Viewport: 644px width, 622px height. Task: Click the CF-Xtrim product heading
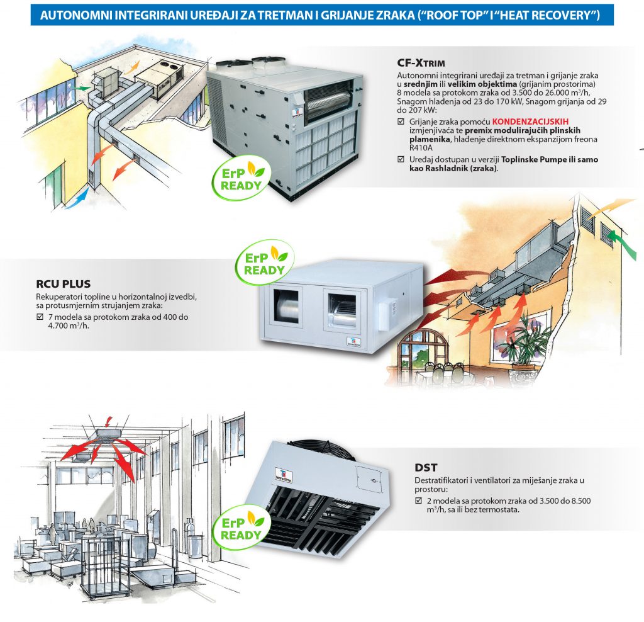coord(421,62)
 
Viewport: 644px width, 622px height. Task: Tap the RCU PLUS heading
coord(64,284)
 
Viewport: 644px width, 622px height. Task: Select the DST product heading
coord(426,467)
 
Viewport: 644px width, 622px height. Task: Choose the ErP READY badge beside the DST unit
coord(241,526)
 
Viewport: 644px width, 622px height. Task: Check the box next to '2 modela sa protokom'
coord(419,501)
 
